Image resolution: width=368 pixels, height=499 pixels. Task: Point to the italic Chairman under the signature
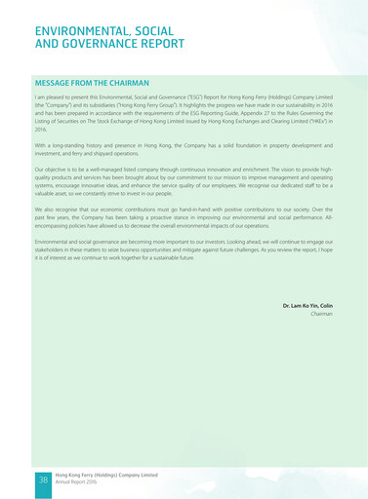coord(321,315)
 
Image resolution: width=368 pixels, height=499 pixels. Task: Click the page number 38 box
coord(44,480)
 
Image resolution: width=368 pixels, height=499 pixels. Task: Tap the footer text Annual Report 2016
coord(77,482)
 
